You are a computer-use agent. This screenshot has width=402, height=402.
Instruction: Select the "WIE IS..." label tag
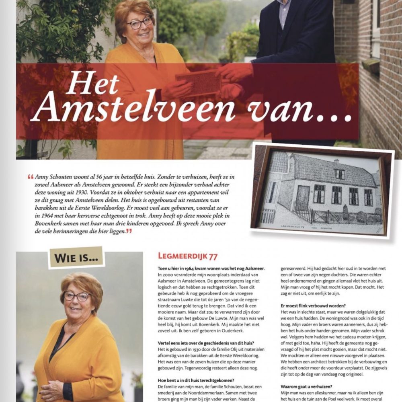[76, 257]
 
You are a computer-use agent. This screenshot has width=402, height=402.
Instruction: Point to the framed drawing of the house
[322, 191]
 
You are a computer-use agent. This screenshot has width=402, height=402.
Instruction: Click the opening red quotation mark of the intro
[31, 177]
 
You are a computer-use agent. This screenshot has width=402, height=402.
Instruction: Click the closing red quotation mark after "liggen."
[129, 231]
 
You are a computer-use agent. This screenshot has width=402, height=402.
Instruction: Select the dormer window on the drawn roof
[340, 174]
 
